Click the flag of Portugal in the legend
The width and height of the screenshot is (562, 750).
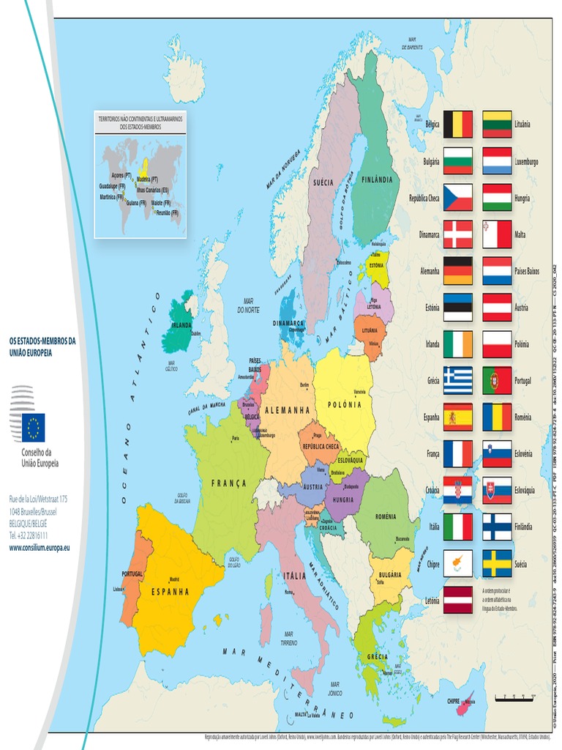click(x=497, y=381)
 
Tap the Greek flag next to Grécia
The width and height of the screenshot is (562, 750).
click(x=458, y=381)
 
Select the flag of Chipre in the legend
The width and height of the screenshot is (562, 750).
click(x=458, y=564)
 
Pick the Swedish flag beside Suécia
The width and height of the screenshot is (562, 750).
click(x=497, y=564)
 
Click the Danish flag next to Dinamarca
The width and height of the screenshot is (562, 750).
click(x=458, y=234)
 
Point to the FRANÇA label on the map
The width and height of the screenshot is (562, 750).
click(x=229, y=483)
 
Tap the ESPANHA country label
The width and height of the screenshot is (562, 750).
click(x=170, y=591)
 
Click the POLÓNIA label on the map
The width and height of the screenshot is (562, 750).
click(x=344, y=404)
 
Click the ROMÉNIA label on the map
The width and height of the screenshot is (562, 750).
click(x=386, y=516)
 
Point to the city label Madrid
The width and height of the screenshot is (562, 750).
click(x=174, y=579)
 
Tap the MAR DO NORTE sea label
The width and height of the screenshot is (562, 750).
click(x=248, y=305)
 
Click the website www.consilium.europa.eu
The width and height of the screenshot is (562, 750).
click(x=40, y=547)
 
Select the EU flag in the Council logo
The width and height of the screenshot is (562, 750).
click(x=33, y=427)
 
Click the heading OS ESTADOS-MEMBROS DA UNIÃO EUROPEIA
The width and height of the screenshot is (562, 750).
click(x=42, y=346)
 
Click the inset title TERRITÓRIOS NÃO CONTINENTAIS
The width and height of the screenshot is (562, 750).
click(x=140, y=122)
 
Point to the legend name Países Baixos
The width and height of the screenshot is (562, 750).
click(x=527, y=271)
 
